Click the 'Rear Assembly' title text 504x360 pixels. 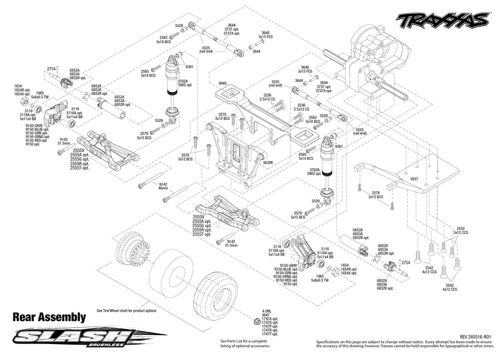point(49,317)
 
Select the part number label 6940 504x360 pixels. point(222,83)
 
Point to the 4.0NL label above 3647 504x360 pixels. point(266,311)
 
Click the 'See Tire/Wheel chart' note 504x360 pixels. point(126,311)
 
